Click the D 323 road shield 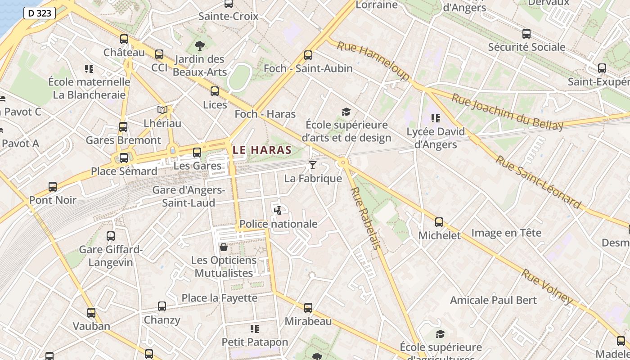40,13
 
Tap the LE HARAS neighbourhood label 262,150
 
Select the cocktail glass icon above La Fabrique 313,165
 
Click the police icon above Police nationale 278,210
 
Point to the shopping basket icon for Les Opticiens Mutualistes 223,247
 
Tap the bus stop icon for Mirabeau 308,308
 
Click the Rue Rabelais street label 365,218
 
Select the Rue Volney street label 547,287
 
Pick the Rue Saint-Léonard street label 538,182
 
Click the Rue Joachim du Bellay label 507,112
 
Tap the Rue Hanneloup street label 373,61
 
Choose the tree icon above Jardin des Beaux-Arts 200,45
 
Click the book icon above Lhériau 162,110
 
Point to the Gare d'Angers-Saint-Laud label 189,197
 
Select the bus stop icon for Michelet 439,222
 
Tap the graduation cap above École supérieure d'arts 346,112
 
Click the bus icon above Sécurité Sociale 526,34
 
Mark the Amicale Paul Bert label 493,300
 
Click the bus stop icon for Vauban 91,313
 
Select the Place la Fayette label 219,298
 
